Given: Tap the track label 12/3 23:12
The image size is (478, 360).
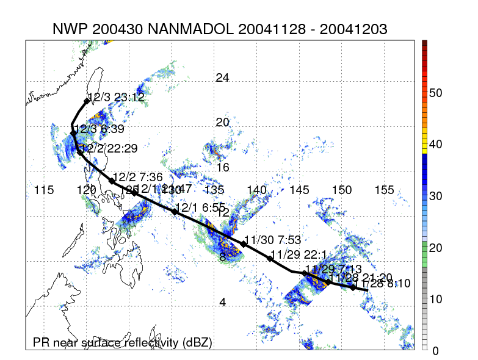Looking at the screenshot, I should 116,97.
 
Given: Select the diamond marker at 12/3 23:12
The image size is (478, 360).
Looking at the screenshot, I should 87,101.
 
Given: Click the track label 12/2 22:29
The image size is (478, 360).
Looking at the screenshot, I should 109,148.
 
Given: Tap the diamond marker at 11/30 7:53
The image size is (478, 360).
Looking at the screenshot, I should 244,244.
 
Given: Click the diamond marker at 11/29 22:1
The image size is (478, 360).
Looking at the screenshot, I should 270,259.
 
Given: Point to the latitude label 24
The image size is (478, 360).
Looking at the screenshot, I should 223,77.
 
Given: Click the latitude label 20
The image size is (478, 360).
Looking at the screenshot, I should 223,123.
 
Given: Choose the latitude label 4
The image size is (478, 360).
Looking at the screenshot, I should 223,302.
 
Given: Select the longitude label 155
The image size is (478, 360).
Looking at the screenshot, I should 384,190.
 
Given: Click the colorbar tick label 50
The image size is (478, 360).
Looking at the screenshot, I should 435,93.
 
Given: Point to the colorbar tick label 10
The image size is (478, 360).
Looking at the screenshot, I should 435,299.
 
